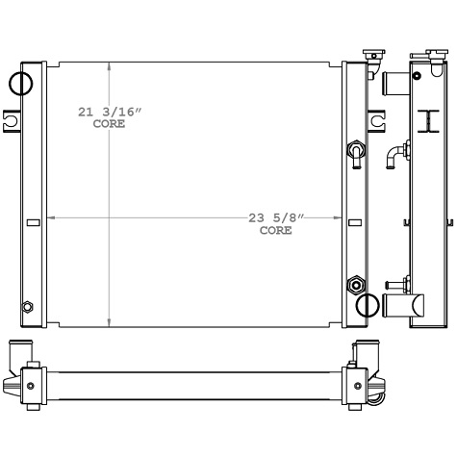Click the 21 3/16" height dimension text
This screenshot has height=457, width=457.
tap(110, 113)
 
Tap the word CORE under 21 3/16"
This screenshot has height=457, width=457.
tap(109, 124)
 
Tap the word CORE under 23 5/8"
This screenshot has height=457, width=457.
tap(275, 231)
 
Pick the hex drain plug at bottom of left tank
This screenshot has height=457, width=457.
tap(28, 307)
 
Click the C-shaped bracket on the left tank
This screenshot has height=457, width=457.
tap(12, 120)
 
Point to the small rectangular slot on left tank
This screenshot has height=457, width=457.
tap(33, 223)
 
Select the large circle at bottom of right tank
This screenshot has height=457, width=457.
tap(367, 305)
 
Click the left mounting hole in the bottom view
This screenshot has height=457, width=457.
tap(31, 386)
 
